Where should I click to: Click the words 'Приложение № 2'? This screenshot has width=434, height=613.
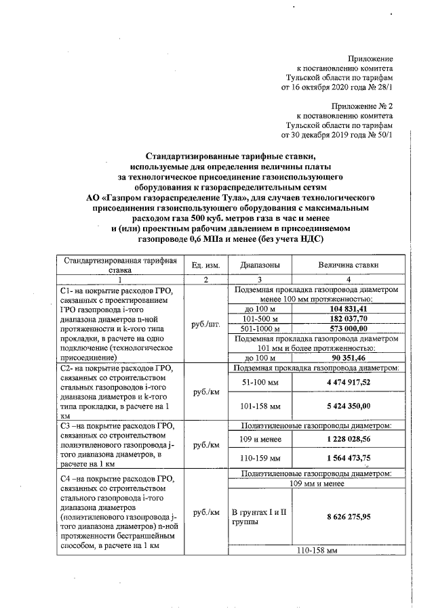click(x=362, y=106)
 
